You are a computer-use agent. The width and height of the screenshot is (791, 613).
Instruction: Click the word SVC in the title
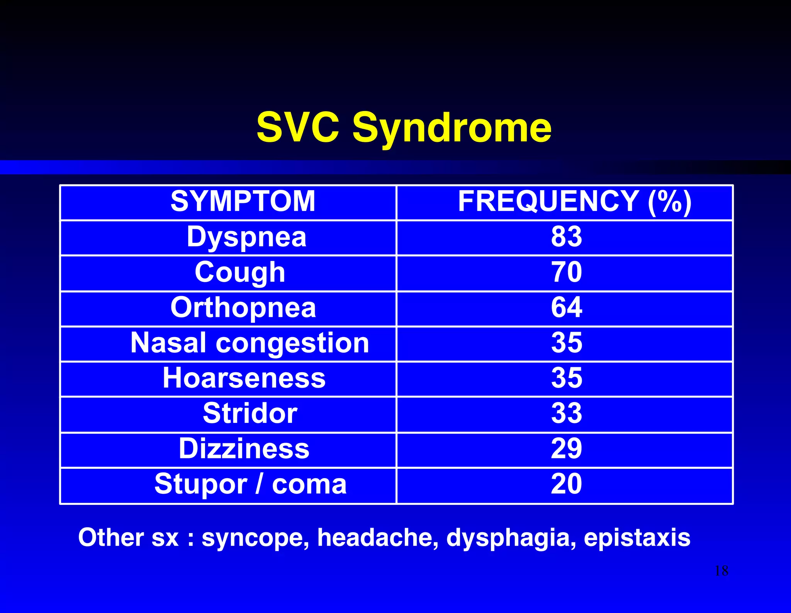coord(298,127)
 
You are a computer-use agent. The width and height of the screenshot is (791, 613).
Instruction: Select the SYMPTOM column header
coord(243,201)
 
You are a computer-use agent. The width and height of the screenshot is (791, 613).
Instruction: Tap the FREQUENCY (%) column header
coord(574,201)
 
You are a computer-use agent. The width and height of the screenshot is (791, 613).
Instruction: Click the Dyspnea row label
coord(246,237)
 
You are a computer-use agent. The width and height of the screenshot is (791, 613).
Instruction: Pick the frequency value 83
coord(566,237)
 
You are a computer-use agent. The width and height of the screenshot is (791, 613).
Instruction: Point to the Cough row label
coord(240,272)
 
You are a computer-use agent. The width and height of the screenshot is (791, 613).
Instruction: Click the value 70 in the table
coord(566,272)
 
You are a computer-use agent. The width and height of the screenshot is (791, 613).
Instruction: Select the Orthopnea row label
coord(243,308)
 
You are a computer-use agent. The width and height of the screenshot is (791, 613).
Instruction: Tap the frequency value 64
coord(566,308)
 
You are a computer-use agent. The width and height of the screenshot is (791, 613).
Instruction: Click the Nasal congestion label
coord(250,343)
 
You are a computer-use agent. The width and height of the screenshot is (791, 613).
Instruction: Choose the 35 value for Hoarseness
coord(566,378)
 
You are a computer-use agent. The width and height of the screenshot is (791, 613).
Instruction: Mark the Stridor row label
coord(250,413)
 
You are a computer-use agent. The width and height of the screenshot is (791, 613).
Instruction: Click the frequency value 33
coord(566,413)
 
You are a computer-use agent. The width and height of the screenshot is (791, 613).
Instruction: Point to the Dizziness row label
coord(244,449)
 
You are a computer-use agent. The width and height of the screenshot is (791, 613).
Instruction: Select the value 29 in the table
coord(566,449)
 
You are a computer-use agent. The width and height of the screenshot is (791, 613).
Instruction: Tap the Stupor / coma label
coord(250,484)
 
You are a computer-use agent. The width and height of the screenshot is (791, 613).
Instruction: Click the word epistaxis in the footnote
coord(637,538)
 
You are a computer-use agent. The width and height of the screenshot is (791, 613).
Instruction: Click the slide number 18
coord(721,571)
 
